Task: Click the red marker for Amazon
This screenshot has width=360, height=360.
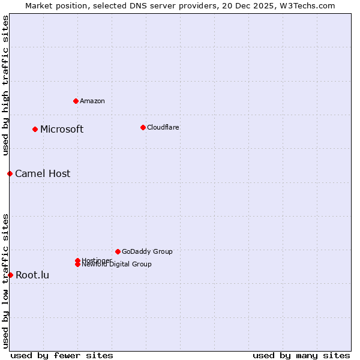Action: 76,101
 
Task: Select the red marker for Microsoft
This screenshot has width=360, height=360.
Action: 35,129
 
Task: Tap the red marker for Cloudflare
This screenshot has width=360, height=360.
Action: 143,127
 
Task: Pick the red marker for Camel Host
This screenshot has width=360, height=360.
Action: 10,173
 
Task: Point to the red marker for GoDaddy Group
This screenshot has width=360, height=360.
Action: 118,251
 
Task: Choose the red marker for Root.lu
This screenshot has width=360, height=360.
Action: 10,275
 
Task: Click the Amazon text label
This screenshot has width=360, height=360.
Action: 92,101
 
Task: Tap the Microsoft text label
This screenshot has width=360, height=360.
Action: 62,130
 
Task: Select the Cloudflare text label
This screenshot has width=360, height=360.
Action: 163,127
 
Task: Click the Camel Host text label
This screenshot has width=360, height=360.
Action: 43,174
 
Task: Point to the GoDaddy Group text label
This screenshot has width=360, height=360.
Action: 147,251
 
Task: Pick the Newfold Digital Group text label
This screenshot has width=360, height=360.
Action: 117,265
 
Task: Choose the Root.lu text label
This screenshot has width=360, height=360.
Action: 32,275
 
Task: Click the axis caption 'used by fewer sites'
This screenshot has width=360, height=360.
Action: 62,356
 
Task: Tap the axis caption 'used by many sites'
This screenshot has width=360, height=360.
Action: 301,356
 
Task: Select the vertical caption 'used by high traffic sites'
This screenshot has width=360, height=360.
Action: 6,85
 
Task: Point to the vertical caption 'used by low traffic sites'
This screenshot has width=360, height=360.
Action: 6,281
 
